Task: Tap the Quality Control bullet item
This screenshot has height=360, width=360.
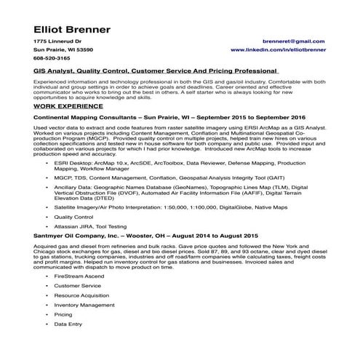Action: click(x=95, y=217)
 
